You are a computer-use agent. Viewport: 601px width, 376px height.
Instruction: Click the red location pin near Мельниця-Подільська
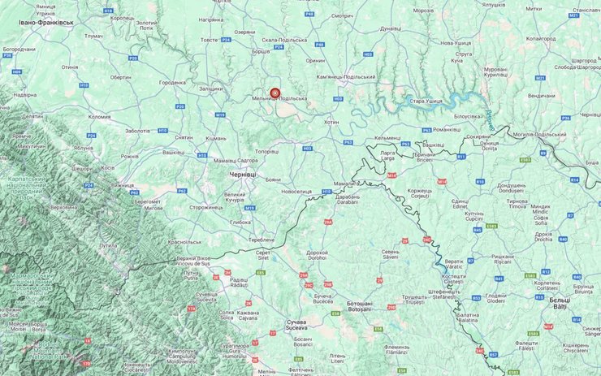(275, 93)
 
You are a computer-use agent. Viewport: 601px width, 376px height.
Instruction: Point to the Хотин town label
(331, 121)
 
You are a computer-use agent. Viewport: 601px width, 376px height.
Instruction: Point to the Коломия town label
(99, 116)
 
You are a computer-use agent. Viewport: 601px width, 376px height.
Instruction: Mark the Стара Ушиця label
(426, 101)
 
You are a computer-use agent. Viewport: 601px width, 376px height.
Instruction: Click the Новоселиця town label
(296, 191)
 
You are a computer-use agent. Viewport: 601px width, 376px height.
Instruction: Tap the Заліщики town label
(210, 89)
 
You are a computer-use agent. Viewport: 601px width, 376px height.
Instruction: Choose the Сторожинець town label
(205, 207)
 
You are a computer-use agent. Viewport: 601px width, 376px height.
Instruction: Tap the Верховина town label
(63, 206)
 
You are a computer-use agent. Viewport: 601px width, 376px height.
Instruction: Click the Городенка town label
(172, 82)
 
